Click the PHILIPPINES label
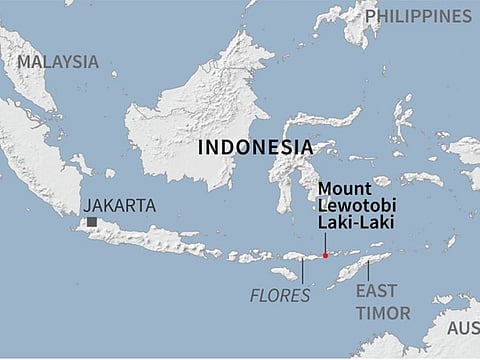click(417, 16)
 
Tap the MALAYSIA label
click(57, 61)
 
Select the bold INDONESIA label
click(255, 147)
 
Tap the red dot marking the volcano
click(325, 256)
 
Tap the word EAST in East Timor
click(376, 291)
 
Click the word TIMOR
click(383, 313)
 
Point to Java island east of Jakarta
click(150, 238)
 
